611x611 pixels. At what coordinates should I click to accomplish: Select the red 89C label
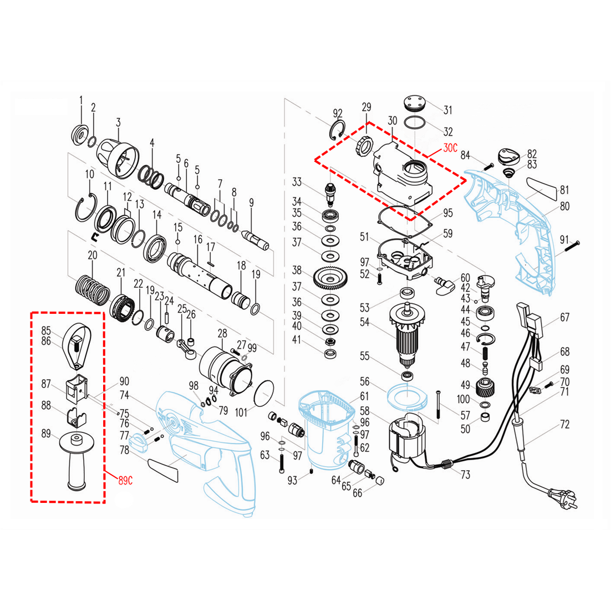click(x=125, y=480)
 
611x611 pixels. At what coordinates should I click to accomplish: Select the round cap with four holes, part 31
click(x=414, y=104)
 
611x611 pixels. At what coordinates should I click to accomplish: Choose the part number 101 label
click(x=241, y=413)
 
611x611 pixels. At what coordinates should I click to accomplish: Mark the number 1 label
click(x=81, y=100)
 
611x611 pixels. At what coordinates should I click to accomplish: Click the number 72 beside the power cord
click(x=564, y=425)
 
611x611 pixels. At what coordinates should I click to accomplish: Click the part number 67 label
click(x=564, y=318)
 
